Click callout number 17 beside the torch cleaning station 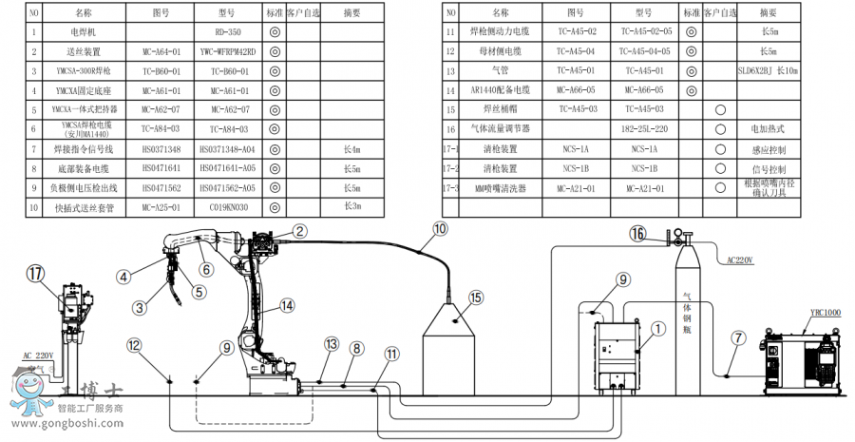[x=35, y=274]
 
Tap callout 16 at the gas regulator [x=638, y=233]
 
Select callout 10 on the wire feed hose [x=440, y=228]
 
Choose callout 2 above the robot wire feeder [x=299, y=231]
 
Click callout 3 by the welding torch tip [x=139, y=307]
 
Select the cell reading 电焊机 [x=84, y=31]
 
